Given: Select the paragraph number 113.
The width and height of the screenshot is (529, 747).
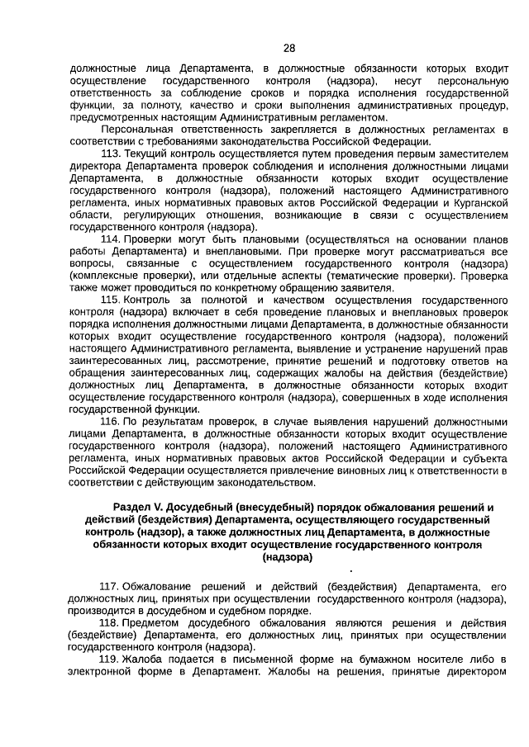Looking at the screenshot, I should [110, 153].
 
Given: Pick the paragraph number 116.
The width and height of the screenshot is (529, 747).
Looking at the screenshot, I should [110, 421].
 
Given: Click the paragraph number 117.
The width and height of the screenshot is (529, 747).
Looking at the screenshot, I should [108, 586].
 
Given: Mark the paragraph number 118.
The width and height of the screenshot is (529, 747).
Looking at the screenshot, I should [108, 622].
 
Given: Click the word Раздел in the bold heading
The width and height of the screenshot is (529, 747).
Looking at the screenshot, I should [131, 507].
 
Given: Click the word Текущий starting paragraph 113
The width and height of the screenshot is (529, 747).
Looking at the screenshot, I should [144, 153].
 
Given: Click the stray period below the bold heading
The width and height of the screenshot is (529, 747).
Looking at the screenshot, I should [352, 570].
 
